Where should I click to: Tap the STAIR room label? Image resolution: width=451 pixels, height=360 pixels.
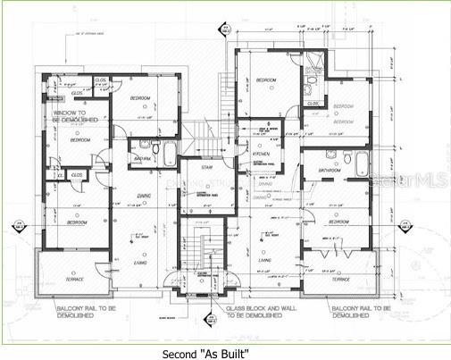click(x=206, y=166)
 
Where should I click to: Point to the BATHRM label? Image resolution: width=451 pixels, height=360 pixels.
click(x=141, y=159)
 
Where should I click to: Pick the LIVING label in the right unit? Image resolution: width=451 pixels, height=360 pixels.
click(x=265, y=260)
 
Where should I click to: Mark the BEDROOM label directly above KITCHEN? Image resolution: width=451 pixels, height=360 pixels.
click(x=267, y=80)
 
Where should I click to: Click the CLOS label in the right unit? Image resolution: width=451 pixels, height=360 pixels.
click(x=313, y=104)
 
